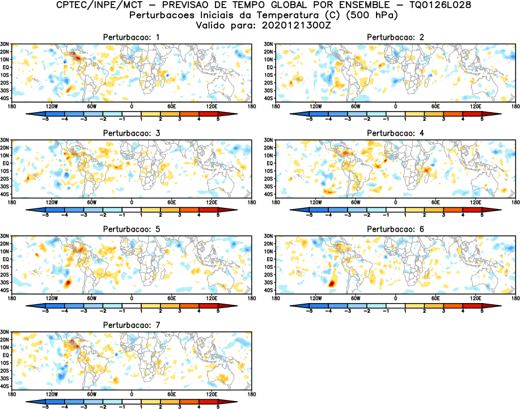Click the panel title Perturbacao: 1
pos(131,37)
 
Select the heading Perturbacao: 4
pos(395,133)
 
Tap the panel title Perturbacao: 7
pos(131,325)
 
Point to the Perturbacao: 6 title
pos(395,229)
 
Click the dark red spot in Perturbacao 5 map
pos(68,282)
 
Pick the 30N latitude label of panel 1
pos(5,44)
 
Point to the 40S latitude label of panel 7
pos(5,386)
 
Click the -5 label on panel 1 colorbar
pos(46,120)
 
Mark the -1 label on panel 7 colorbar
pos(122,407)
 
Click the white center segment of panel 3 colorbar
pos(132,210)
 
